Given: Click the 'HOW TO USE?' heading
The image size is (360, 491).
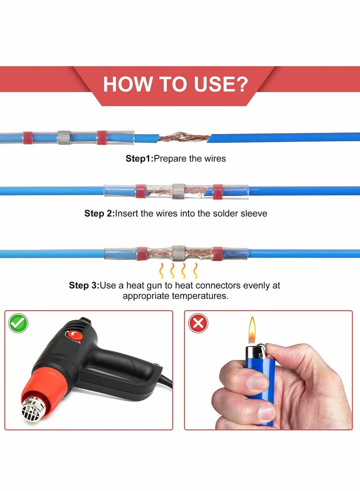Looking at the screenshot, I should coord(175,84).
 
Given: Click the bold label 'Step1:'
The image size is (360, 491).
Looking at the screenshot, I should coord(139,158).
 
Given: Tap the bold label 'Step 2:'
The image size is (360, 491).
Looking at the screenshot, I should coord(99,213).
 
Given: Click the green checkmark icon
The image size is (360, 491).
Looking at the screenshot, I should coord(18,323).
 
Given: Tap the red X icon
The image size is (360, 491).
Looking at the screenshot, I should coord(198,323).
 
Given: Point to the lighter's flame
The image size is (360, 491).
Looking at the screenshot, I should coord(252,329).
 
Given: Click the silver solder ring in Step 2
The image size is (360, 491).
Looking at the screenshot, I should coord(179,191).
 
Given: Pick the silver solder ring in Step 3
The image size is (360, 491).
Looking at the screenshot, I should coord(179,253).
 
